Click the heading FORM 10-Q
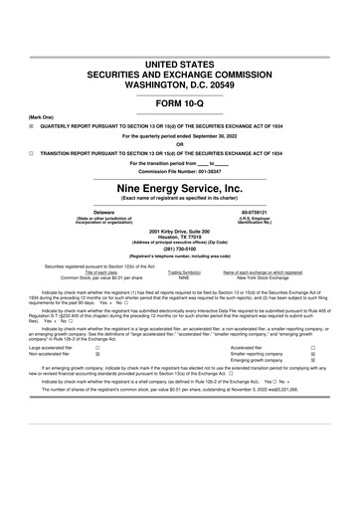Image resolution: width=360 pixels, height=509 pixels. click(x=179, y=103)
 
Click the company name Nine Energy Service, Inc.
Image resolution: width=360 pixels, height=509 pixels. click(x=179, y=187)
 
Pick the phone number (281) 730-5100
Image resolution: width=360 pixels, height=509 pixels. click(x=179, y=250)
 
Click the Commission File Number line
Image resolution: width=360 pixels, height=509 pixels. click(x=179, y=172)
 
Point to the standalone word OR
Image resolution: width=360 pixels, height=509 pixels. click(x=179, y=145)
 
